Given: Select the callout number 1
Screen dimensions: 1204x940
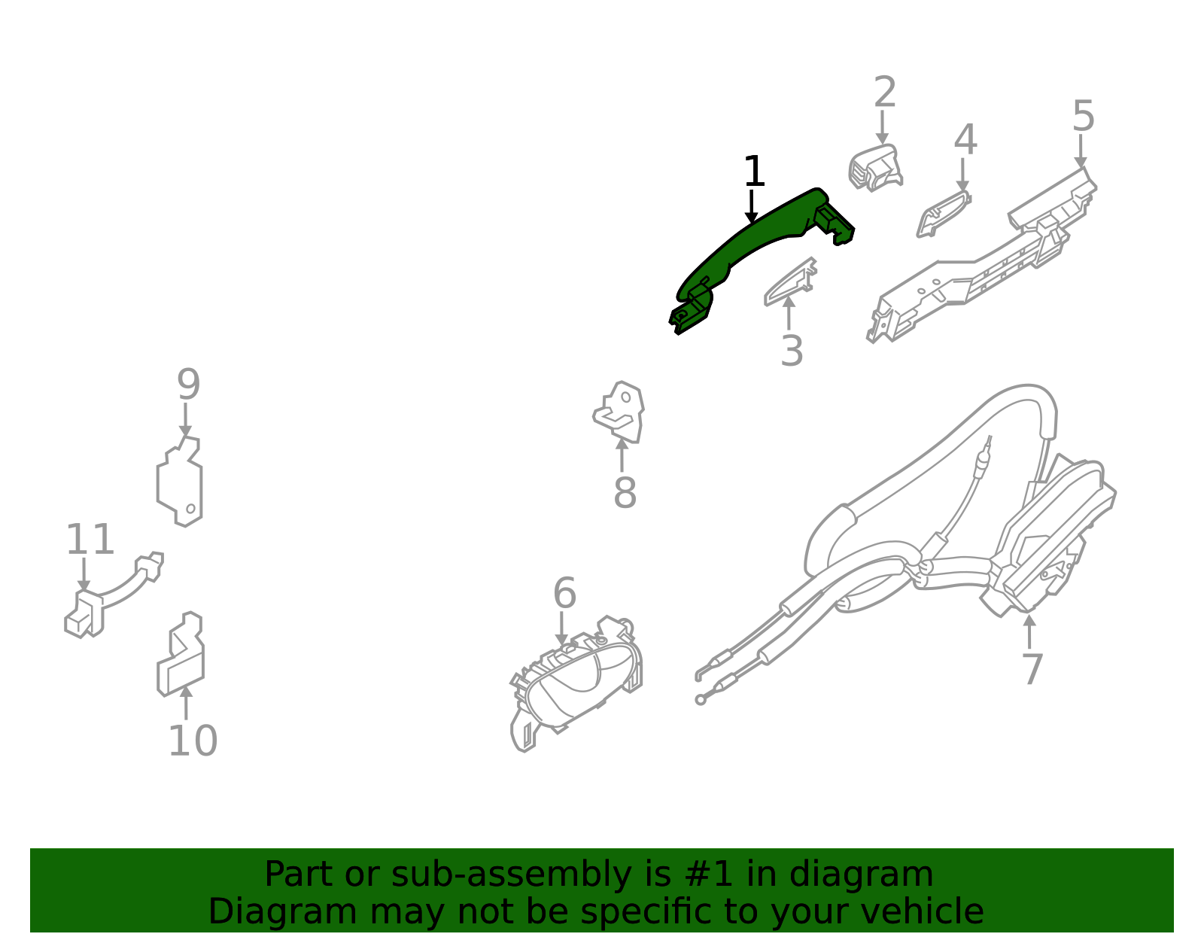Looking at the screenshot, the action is coord(754,171).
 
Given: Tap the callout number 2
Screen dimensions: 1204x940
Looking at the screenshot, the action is coord(884,92).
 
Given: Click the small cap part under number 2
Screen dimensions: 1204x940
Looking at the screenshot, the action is coord(875,168).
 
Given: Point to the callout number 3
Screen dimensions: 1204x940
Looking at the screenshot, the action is coord(792,351).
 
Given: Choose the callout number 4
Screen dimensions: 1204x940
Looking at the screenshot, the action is coord(965,139).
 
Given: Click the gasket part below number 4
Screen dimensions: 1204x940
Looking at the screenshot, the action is coord(944,214).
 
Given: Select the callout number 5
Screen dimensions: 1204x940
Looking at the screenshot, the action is coord(1083,116).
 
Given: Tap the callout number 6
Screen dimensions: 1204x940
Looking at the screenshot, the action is coord(564,593).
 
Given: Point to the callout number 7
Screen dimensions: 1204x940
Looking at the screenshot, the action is coord(1032,670).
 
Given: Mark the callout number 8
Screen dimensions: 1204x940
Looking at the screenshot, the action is coord(625,492).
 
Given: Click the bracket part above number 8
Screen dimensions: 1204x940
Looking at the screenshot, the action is coord(619,412).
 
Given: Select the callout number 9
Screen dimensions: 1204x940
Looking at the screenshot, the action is coord(188,385).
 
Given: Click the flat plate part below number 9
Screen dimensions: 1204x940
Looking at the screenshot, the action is coord(180,481).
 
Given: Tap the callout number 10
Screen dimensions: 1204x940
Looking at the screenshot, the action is coord(193,741).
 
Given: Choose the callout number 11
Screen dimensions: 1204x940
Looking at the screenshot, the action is coord(90,539).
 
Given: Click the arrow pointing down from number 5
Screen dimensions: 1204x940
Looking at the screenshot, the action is coord(1081,150).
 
